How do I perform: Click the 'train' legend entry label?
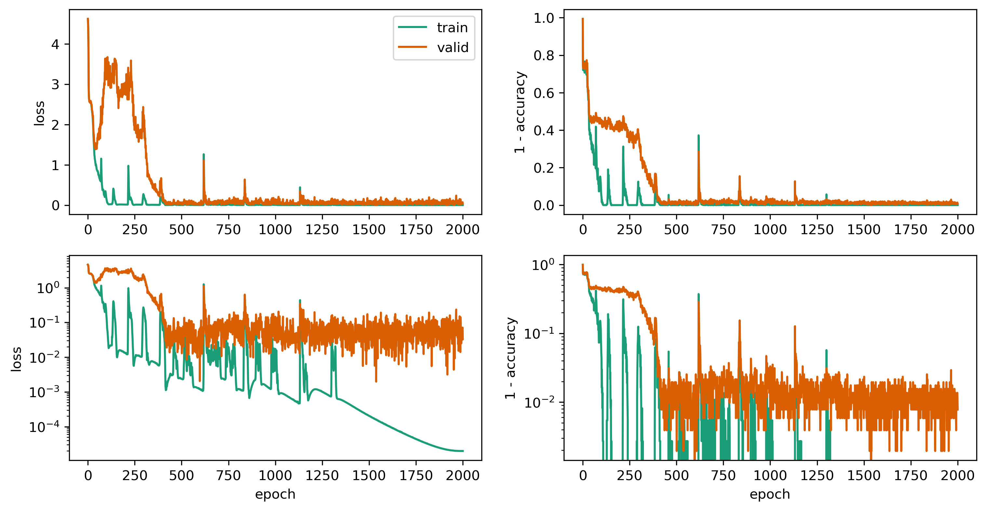[x=452, y=28]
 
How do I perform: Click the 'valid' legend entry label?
[x=453, y=47]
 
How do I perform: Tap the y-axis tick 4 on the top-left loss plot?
[x=56, y=45]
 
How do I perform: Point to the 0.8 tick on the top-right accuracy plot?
[x=543, y=56]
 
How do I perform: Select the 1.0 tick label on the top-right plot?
[x=543, y=18]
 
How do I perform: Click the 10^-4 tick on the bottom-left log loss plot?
[x=45, y=427]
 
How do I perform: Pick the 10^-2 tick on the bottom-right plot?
[x=539, y=403]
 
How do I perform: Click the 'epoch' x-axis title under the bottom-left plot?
[x=275, y=494]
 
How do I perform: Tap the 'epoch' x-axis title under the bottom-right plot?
[x=770, y=494]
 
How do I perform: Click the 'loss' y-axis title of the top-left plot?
[x=39, y=113]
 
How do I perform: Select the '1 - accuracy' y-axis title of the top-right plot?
[x=520, y=113]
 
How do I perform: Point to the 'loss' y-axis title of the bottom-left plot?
[x=16, y=359]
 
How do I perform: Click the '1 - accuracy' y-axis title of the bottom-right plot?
[x=511, y=358]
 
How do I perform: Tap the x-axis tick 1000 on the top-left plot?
[x=275, y=230]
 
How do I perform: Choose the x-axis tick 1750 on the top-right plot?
[x=911, y=230]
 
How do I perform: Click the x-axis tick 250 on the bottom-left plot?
[x=135, y=476]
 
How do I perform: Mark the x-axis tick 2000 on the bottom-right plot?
[x=957, y=476]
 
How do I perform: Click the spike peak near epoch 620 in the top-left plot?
[x=204, y=154]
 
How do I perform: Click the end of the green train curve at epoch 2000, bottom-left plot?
[x=463, y=451]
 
